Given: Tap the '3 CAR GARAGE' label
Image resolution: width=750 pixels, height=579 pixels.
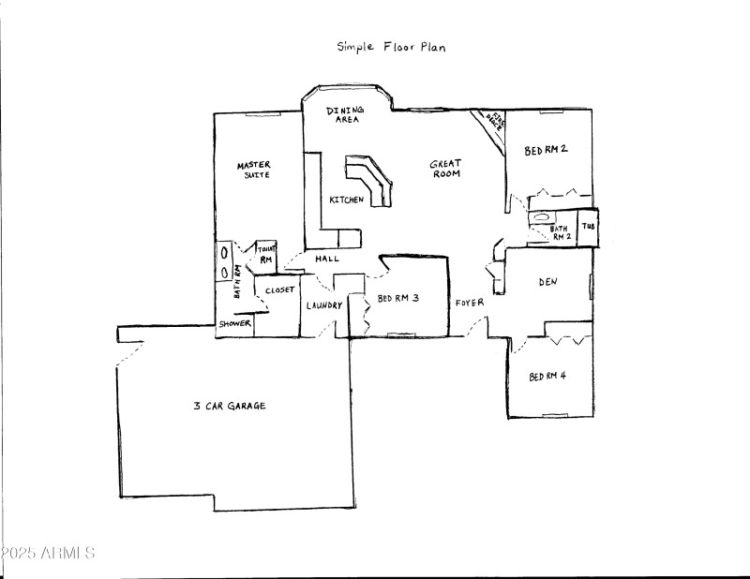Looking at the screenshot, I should coord(230,406).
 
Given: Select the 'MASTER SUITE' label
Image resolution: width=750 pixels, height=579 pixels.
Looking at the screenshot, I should coord(254,171).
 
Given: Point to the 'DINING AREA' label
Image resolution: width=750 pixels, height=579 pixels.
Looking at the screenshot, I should coord(344,115).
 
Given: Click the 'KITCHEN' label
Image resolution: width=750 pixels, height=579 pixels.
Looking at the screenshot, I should coord(346,200).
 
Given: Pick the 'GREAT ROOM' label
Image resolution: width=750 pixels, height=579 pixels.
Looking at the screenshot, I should coord(445,169).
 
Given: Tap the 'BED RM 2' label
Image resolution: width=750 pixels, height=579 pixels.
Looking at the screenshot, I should coord(547,150).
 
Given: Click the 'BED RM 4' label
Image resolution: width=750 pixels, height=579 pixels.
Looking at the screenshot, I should coord(547,377).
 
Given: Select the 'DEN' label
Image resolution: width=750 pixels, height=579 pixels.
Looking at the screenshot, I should coord(548,281).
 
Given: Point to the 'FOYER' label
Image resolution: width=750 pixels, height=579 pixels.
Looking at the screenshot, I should coord(470,303).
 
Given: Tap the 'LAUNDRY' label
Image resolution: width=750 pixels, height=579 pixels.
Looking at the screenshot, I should coord(322,305).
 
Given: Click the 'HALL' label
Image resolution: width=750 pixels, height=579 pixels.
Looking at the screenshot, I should coord(327,260).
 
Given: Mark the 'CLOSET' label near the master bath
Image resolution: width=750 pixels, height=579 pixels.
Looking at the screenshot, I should coord(279,290).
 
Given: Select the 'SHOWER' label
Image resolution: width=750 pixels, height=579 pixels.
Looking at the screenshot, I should coord(235,324).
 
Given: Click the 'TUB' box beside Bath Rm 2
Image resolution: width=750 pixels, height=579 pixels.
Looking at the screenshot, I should coord(588,227).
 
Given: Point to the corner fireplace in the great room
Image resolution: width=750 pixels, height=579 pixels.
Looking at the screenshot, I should coord(490,124).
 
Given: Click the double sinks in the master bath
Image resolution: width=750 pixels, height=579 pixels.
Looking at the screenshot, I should coord(225,261).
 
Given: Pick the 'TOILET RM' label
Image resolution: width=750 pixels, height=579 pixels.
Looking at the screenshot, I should coord(265,255).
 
